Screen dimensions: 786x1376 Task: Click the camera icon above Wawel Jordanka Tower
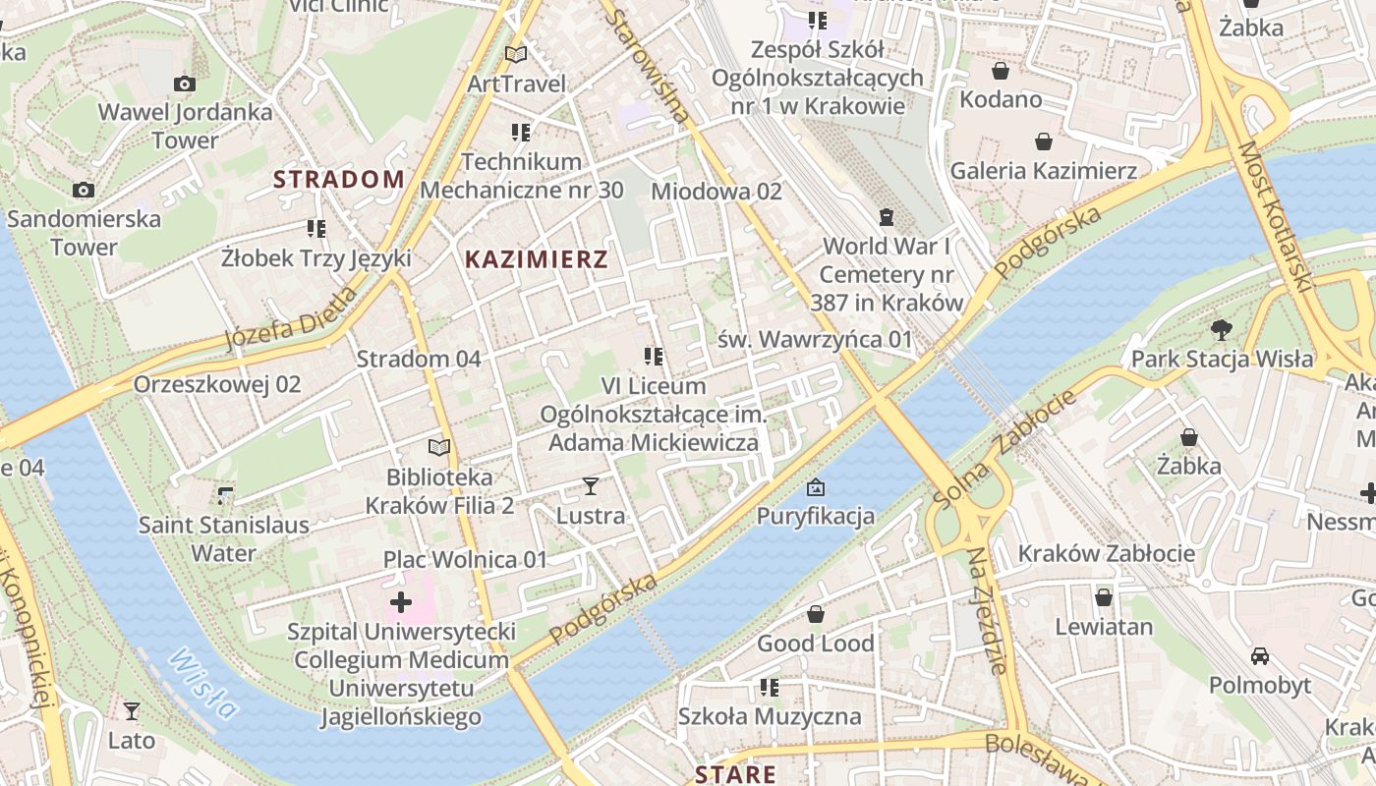click(x=184, y=84)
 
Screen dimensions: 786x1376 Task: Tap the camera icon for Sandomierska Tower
click(x=84, y=190)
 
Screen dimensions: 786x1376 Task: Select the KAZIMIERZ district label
click(x=537, y=259)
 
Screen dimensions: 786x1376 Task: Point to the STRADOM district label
click(x=339, y=179)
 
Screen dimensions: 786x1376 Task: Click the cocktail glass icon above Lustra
click(x=591, y=485)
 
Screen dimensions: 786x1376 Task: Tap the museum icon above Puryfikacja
click(x=815, y=486)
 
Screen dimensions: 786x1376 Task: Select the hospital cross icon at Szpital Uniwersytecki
click(x=401, y=601)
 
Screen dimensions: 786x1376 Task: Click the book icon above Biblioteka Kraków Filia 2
click(x=439, y=447)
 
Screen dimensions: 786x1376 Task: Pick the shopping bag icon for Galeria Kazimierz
click(x=1043, y=141)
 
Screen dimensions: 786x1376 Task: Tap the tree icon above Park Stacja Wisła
click(x=1222, y=329)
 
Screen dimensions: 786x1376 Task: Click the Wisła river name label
click(x=202, y=684)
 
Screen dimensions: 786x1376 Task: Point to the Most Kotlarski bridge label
click(x=1275, y=216)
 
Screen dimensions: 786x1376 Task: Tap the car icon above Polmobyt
click(x=1259, y=655)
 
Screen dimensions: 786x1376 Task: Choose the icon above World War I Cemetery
click(x=887, y=216)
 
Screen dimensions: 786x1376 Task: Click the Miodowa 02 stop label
click(x=717, y=191)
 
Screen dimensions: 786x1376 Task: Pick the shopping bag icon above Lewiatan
click(x=1104, y=596)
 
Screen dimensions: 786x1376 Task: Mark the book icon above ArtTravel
click(x=516, y=54)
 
